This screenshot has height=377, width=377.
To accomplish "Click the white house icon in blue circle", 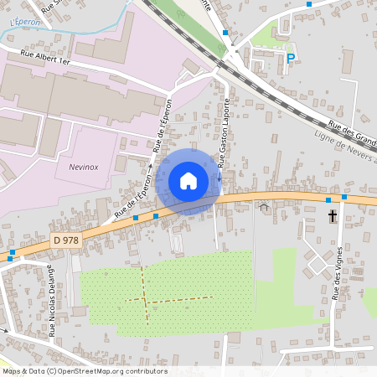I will click(188, 181).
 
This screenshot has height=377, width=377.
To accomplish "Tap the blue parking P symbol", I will click(291, 59).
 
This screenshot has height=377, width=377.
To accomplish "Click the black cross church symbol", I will click(332, 216).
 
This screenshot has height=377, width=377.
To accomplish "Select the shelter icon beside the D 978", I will click(264, 206).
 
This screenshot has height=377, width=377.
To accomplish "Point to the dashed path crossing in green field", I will click(145, 299).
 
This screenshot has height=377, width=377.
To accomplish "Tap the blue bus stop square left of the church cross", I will click(328, 199).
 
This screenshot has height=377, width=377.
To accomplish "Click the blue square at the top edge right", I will click(309, 4).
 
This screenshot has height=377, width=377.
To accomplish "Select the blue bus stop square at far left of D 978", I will click(12, 251).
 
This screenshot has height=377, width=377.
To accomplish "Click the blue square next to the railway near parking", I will click(225, 33).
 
